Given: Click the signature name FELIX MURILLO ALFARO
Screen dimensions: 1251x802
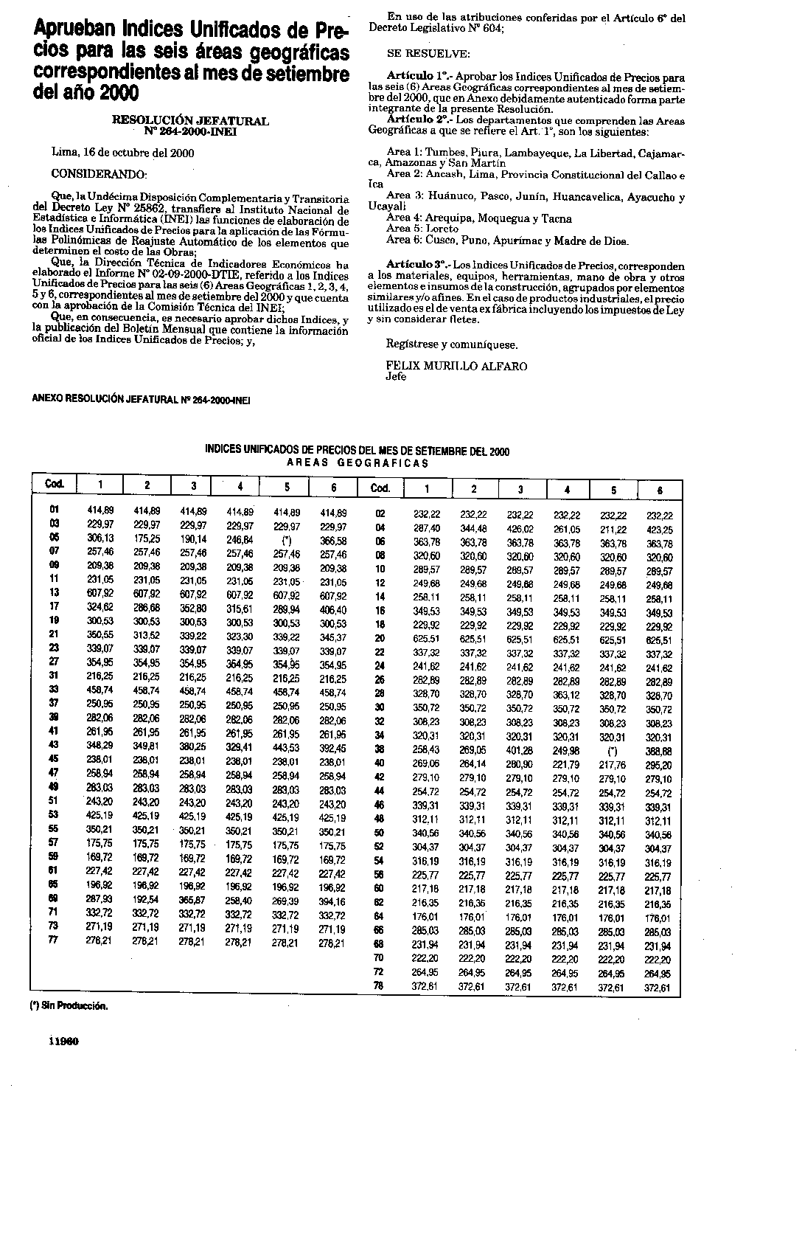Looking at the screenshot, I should click(456, 366).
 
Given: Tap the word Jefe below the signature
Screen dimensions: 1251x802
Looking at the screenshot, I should click(396, 376).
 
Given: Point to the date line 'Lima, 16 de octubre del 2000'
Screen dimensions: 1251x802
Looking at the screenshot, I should click(123, 153).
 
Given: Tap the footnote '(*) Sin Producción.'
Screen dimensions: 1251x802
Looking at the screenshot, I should click(69, 1005).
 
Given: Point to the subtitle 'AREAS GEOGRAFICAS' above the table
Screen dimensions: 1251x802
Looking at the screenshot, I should click(358, 463).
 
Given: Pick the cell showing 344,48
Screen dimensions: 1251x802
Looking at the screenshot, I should click(474, 529).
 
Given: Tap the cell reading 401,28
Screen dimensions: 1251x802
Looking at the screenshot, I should click(520, 752).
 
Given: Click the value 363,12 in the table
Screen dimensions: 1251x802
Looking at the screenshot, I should click(566, 696).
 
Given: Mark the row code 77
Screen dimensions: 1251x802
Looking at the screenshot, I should click(54, 940).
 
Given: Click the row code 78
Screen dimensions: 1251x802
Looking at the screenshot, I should click(380, 987).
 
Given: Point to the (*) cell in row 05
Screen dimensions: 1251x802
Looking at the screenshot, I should click(286, 539).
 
